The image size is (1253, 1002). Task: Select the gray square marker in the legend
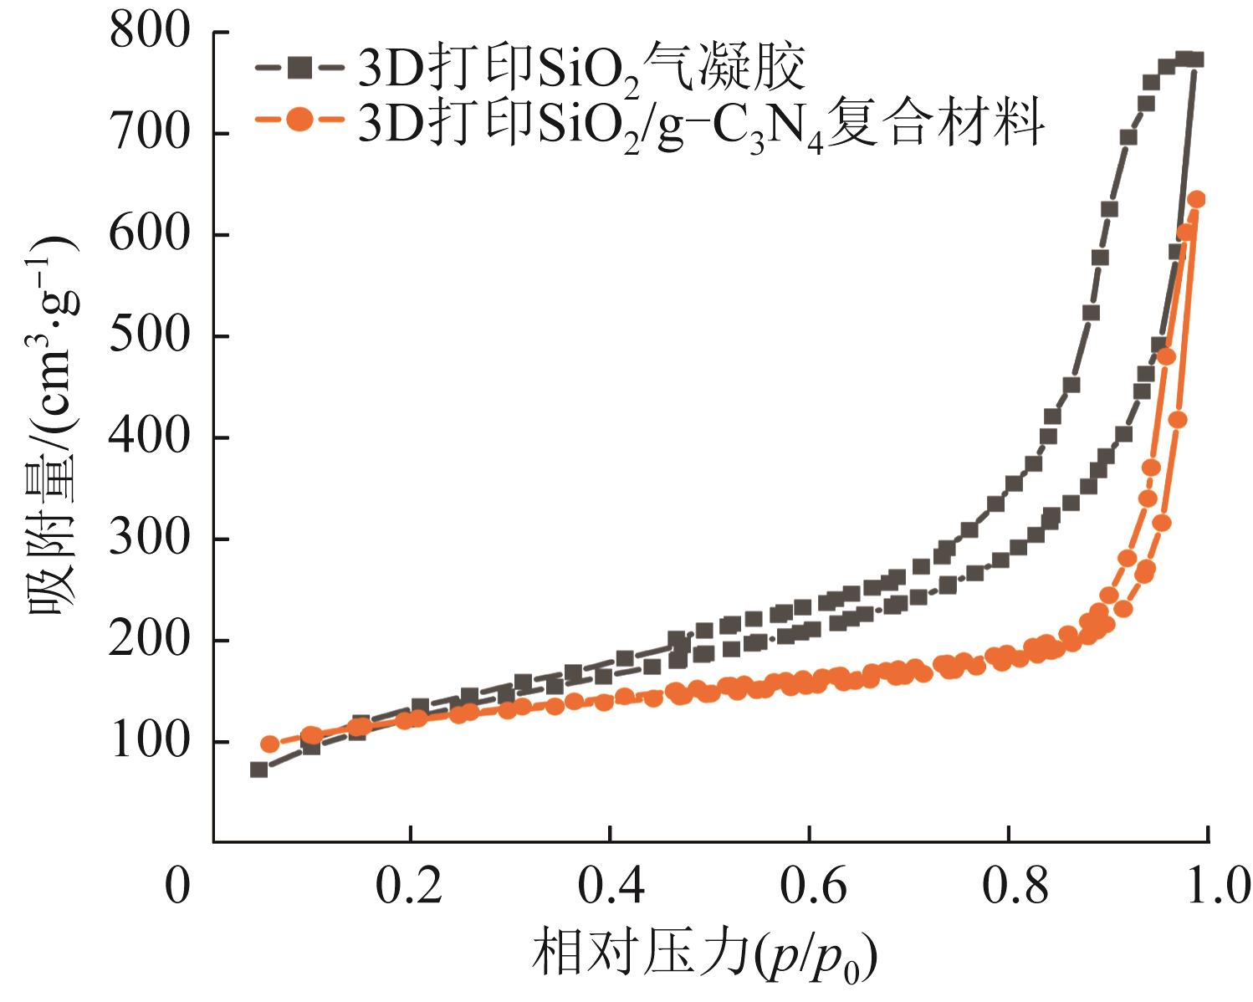298,66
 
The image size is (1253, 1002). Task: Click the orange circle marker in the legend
298,120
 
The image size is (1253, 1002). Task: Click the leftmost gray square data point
259,769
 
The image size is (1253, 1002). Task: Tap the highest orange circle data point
1196,199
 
